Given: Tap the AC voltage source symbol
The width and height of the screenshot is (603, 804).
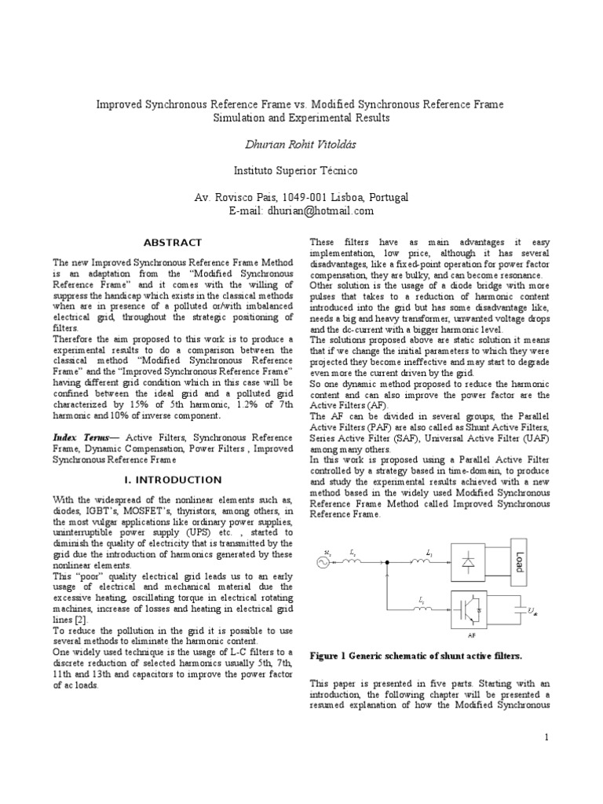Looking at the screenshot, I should click(x=320, y=561).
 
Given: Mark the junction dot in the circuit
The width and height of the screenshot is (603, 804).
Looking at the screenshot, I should click(x=389, y=562).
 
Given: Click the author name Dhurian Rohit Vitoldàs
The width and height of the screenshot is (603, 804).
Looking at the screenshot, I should click(x=301, y=144).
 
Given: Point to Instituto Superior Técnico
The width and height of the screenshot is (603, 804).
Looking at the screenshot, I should click(x=301, y=170).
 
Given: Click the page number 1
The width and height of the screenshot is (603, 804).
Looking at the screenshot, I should click(x=546, y=737).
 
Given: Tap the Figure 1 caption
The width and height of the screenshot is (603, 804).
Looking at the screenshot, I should click(x=416, y=655).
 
